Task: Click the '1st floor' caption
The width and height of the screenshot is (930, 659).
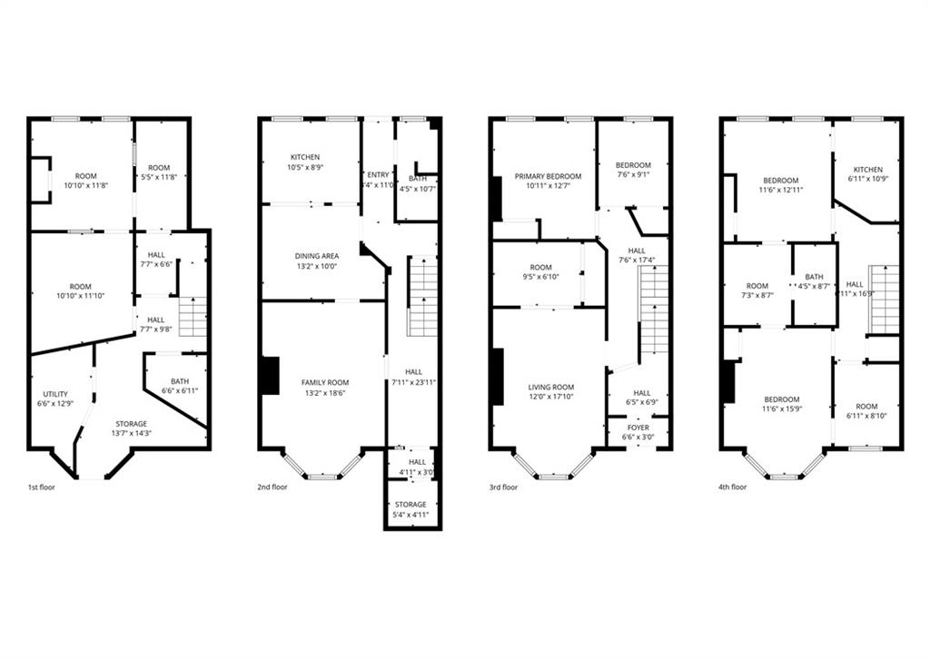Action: coord(43,487)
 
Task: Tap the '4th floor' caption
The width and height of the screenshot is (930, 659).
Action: coord(732,487)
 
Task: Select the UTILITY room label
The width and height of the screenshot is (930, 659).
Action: coord(54,394)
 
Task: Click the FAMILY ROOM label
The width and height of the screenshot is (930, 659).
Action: coord(324,383)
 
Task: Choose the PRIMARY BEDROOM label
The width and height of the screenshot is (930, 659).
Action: coord(547,176)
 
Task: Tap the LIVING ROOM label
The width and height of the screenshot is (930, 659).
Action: coord(551,388)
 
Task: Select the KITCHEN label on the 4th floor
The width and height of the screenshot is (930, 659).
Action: coord(867,170)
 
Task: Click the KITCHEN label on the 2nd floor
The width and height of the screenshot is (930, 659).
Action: coord(305,157)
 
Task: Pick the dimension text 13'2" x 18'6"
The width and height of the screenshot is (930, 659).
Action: coord(324,393)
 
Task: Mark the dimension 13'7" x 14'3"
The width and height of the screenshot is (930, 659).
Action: coord(131,433)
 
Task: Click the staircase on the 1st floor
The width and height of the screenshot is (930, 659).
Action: coord(193,317)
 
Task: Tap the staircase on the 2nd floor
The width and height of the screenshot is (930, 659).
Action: coord(421,297)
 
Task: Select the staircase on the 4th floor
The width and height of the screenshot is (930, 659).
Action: coord(883,299)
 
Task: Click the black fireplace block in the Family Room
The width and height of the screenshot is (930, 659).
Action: coord(269,376)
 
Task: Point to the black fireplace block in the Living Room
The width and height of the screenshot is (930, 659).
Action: coord(497,376)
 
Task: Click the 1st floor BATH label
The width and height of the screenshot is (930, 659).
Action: coord(179,381)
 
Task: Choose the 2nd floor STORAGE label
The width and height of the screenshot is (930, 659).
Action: coord(411,505)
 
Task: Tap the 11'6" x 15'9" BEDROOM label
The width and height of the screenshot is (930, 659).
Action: coord(781,399)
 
